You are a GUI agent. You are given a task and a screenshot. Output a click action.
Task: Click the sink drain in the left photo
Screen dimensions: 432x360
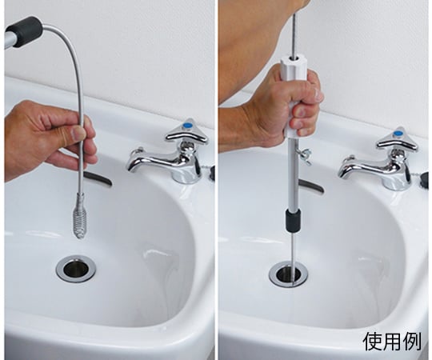pyautogui.click(x=76, y=269)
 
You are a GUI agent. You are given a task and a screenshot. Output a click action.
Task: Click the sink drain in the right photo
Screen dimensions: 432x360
pyautogui.click(x=289, y=274)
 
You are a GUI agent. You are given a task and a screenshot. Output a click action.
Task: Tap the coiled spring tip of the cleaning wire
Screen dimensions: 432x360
pyautogui.click(x=79, y=217)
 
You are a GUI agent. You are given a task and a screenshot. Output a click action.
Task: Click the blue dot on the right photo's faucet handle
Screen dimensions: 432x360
pyautogui.click(x=398, y=134)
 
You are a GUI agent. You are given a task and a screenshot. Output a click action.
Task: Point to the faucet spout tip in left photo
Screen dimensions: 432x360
pyautogui.click(x=130, y=170)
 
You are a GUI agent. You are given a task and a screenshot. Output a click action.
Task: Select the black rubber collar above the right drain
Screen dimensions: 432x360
pyautogui.click(x=293, y=220)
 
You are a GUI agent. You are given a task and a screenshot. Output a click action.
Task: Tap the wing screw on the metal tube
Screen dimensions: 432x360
pyautogui.click(x=306, y=155)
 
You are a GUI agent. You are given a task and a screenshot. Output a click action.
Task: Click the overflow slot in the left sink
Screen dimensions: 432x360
pyautogui.click(x=98, y=178)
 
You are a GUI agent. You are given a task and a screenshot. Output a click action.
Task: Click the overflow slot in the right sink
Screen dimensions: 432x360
pyautogui.click(x=311, y=186)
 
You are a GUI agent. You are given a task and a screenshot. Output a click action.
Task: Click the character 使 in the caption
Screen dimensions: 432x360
pyautogui.click(x=371, y=342)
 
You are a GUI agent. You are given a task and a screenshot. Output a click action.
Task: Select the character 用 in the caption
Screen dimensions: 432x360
pyautogui.click(x=391, y=342)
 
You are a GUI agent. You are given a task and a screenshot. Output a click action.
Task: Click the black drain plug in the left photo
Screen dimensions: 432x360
pyautogui.click(x=212, y=174)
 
